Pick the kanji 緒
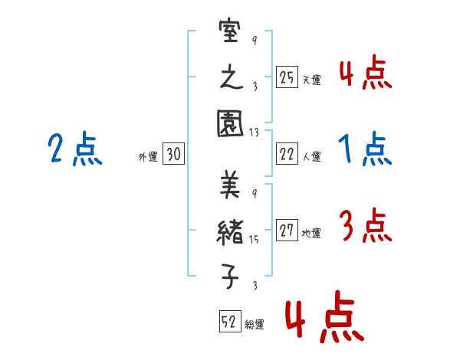coord(231,231)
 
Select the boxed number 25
coord(287,77)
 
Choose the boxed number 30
coord(173,155)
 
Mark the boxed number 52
coord(228,322)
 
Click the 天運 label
coord(311,80)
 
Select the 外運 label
coord(148,157)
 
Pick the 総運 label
coord(254,325)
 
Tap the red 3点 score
coord(365,227)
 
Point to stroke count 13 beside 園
coord(254,133)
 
